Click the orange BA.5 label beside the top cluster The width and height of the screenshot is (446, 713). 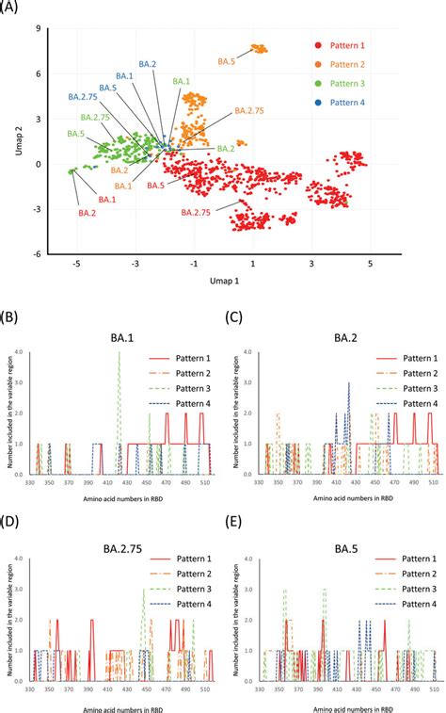[x=226, y=61]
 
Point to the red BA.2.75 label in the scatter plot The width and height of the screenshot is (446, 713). [x=199, y=214]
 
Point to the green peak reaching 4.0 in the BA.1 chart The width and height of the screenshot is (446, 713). [x=119, y=354]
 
